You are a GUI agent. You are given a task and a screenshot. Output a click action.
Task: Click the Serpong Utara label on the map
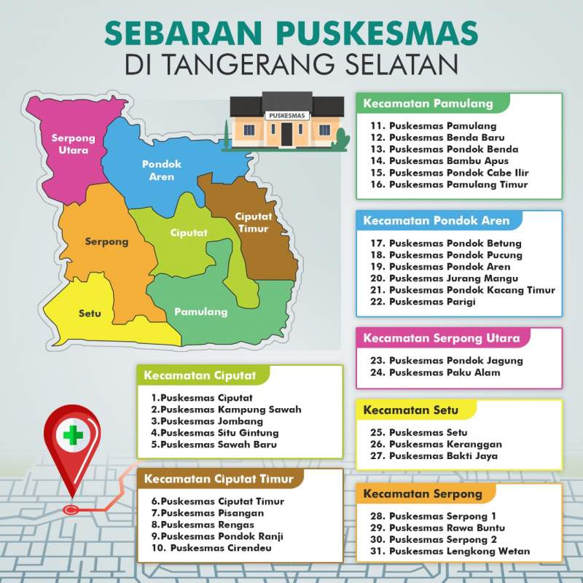(69, 144)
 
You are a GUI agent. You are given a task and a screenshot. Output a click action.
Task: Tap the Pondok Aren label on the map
(161, 171)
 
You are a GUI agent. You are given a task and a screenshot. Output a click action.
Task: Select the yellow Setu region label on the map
(90, 314)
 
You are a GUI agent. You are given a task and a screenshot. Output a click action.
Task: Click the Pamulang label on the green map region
(200, 312)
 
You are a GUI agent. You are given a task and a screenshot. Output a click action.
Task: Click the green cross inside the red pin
(72, 436)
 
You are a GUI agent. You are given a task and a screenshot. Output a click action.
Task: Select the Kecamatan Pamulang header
(428, 103)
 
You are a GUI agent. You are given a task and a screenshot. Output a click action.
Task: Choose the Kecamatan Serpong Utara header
(441, 338)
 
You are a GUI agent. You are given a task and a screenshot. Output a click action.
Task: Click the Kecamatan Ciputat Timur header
(219, 479)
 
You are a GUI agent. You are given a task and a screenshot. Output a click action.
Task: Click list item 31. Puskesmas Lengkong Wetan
(450, 552)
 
